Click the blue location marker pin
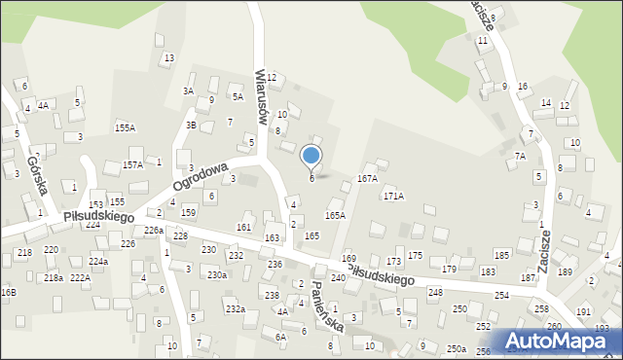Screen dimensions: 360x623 coord(311,156)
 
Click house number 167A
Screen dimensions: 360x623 coord(367,179)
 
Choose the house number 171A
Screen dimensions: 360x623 coord(393,197)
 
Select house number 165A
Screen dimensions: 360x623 coord(335,216)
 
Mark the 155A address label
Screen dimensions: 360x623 coord(125,128)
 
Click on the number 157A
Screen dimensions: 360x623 coord(132,165)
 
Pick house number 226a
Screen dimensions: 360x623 coord(153,231)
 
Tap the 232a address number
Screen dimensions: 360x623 coord(235,308)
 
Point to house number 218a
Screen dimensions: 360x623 coord(53,278)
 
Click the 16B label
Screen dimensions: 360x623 coord(8,292)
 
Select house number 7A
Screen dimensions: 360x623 coord(520,157)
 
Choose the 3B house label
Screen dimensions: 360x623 coord(192,125)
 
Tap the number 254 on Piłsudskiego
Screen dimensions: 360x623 coord(501,295)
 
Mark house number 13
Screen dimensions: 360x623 coord(168,58)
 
